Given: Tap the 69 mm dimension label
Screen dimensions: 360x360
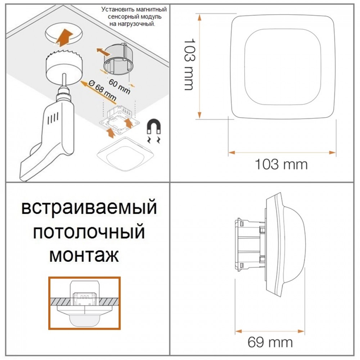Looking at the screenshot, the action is (270, 343).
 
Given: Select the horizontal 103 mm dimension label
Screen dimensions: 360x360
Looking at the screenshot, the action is (281, 165).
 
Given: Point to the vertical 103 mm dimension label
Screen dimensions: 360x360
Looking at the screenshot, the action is (190, 64).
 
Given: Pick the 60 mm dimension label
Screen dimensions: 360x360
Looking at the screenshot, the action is (120, 86).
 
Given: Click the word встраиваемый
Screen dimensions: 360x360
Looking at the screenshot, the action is (89, 208).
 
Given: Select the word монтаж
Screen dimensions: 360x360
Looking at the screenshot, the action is (84, 256).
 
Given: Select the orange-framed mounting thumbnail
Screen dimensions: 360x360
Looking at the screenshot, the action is (84, 303).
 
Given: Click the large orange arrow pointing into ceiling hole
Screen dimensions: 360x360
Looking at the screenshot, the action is (64, 36).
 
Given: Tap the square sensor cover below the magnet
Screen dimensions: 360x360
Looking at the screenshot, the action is (125, 154).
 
